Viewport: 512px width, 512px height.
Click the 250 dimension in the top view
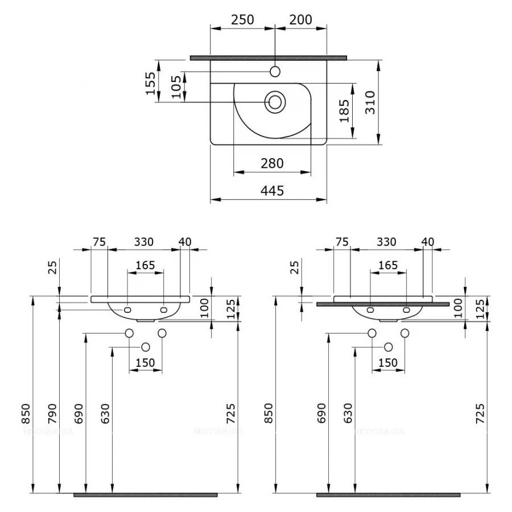[x=242, y=19]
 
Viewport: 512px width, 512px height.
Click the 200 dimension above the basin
[x=300, y=19]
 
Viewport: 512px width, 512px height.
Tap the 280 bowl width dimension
[x=272, y=164]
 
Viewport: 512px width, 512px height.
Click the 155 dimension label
[x=150, y=83]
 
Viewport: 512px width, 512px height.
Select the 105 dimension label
[x=176, y=87]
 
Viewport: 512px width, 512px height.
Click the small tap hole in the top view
[x=275, y=72]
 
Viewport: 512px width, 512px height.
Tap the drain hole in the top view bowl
[x=275, y=102]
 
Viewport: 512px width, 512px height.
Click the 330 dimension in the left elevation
[x=143, y=242]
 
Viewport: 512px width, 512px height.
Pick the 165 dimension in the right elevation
[x=388, y=265]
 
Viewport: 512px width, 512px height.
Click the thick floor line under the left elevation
[x=145, y=495]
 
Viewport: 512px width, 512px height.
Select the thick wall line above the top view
[x=268, y=57]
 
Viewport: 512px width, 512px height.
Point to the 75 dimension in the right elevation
[x=342, y=242]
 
